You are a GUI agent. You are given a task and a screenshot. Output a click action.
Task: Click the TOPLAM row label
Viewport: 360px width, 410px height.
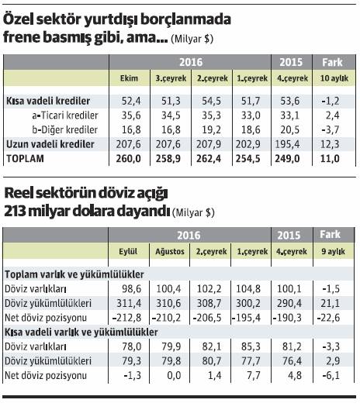(25, 159)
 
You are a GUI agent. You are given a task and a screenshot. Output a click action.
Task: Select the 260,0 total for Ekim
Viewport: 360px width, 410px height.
(129, 159)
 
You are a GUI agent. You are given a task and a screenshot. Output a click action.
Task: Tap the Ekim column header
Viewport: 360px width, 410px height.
(129, 78)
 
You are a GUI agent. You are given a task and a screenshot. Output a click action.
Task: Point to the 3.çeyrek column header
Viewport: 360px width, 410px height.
(171, 78)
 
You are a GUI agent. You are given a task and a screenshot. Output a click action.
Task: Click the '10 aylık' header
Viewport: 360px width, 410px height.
(334, 78)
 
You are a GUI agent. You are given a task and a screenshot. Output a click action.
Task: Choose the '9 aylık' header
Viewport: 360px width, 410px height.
(334, 252)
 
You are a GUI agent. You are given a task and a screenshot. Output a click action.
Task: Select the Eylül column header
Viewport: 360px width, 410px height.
(128, 251)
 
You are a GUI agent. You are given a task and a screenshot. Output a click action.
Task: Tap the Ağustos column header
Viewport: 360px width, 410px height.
(170, 252)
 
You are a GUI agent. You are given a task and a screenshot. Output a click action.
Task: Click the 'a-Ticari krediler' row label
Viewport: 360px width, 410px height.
(65, 115)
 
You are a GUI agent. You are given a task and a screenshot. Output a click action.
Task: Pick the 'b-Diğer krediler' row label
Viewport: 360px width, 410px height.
(65, 129)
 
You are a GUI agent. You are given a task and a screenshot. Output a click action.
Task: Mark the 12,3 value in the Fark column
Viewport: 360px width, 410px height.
(330, 144)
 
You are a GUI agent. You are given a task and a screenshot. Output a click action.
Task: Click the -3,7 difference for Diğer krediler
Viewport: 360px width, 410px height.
(331, 129)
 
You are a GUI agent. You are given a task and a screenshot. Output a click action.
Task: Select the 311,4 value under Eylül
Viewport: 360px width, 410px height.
(129, 303)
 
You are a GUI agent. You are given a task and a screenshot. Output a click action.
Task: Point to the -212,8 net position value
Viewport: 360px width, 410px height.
(126, 318)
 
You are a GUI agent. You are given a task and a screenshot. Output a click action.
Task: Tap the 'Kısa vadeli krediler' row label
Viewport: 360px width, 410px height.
(48, 101)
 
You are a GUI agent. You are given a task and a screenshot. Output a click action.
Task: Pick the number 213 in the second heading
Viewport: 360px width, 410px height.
(14, 212)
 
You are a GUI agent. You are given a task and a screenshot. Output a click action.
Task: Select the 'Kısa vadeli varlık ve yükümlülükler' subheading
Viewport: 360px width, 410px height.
(81, 332)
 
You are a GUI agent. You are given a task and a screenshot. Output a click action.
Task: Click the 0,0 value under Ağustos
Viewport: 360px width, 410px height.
(174, 375)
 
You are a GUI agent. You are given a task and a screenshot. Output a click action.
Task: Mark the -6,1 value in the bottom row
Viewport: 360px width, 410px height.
(331, 375)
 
